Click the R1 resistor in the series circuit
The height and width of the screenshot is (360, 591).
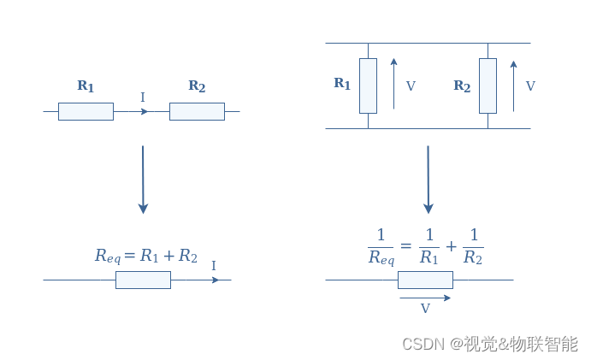pyautogui.click(x=86, y=111)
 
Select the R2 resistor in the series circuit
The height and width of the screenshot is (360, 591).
pyautogui.click(x=197, y=111)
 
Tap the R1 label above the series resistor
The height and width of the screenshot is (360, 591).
pyautogui.click(x=86, y=86)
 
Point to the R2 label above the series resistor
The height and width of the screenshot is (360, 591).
pyautogui.click(x=197, y=86)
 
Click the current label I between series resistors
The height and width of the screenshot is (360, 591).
pyautogui.click(x=142, y=97)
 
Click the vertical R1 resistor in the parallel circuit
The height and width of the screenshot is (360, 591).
pyautogui.click(x=368, y=86)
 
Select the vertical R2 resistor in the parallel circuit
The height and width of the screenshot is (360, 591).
pyautogui.click(x=488, y=86)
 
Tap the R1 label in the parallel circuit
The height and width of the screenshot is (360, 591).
pyautogui.click(x=342, y=84)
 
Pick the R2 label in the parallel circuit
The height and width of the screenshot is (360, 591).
pyautogui.click(x=462, y=86)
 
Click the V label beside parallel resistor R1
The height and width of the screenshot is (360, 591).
pyautogui.click(x=411, y=86)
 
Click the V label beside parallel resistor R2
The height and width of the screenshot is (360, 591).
pyautogui.click(x=530, y=86)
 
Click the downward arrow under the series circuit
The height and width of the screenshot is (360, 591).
pyautogui.click(x=143, y=180)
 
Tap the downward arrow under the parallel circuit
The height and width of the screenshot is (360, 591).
pyautogui.click(x=428, y=180)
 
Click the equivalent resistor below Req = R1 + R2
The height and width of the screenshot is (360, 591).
pyautogui.click(x=143, y=280)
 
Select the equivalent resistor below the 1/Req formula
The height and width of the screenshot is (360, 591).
pyautogui.click(x=425, y=280)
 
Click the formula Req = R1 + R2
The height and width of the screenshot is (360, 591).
pyautogui.click(x=146, y=256)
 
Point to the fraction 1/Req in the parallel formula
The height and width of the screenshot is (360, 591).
pyautogui.click(x=380, y=245)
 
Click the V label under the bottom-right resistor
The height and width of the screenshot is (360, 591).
pyautogui.click(x=425, y=309)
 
